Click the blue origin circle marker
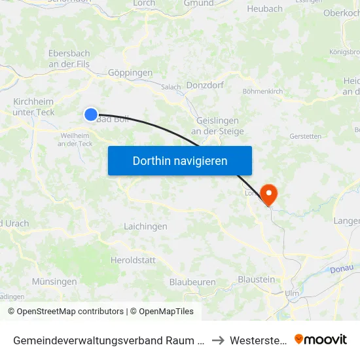tap(91, 115)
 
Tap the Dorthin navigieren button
tap(180, 160)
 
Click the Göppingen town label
tap(130, 73)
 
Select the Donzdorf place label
tap(206, 85)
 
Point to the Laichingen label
tap(145, 226)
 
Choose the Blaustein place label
tap(256, 279)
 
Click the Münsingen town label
tap(54, 281)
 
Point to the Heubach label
tap(264, 9)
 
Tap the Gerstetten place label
tap(305, 136)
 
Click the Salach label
tap(171, 86)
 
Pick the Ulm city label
tap(292, 294)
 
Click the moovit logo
tap(321, 339)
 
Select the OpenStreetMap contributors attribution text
tap(65, 312)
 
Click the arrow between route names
tap(218, 340)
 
